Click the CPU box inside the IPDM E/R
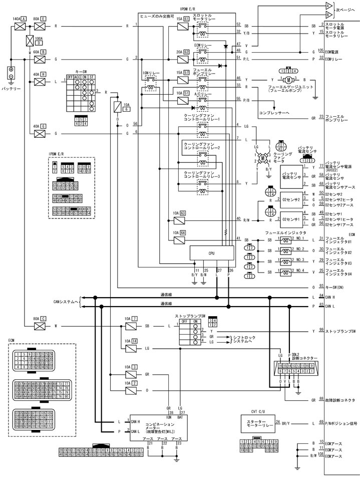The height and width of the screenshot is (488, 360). tap(211, 254)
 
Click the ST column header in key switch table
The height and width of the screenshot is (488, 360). tap(92, 77)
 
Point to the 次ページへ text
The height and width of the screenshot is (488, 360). tap(345, 10)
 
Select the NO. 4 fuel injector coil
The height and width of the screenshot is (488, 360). tap(285, 272)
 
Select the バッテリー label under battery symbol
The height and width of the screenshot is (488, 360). tap(11, 89)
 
